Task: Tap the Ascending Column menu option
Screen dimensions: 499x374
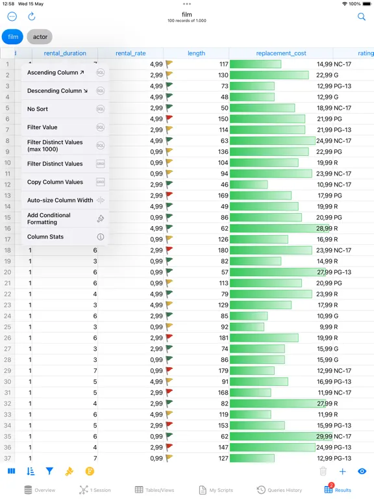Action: [60, 73]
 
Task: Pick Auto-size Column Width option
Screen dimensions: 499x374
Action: [60, 200]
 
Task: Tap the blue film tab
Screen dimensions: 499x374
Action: [13, 37]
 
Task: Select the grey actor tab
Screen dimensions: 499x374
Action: [40, 37]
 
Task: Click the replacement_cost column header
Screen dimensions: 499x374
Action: [281, 53]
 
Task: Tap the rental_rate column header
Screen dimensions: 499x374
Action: [131, 53]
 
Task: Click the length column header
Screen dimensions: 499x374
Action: [196, 53]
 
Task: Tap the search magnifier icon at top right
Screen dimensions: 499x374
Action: [362, 17]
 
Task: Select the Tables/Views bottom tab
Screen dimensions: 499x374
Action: [153, 490]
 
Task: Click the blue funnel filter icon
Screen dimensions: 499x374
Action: [49, 472]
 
